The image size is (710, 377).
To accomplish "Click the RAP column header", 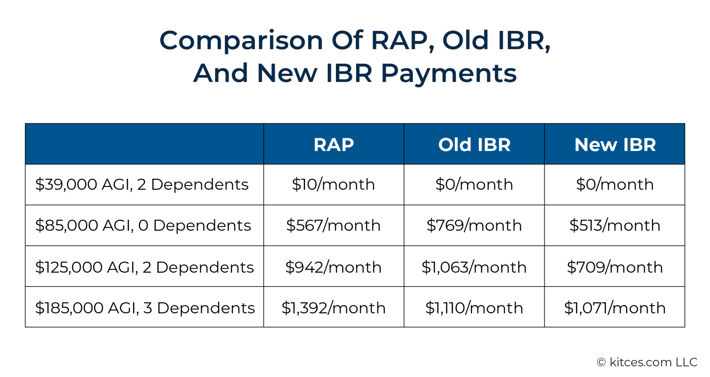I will (x=334, y=144).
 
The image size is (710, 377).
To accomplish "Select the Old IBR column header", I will (x=474, y=144).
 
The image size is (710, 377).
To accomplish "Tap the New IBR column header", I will (x=615, y=144).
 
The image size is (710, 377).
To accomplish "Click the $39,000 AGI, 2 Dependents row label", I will (x=142, y=184).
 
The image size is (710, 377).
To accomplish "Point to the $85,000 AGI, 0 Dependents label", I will (x=143, y=225).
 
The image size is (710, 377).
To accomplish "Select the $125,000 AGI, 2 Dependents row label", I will (x=144, y=267).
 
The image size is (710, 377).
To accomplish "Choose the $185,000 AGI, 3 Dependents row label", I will (x=145, y=308).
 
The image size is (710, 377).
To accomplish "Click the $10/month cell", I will (x=334, y=184).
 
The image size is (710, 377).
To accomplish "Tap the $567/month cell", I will (x=334, y=225).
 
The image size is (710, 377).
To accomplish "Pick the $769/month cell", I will (x=474, y=225).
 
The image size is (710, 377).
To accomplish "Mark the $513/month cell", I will (x=615, y=225).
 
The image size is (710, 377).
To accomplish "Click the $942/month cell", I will (x=334, y=267).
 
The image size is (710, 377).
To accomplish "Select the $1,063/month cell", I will (x=474, y=267).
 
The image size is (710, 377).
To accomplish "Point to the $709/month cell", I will (x=615, y=267).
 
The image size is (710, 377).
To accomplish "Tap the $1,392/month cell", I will (x=334, y=308).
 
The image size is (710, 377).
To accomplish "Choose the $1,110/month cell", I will (x=474, y=308).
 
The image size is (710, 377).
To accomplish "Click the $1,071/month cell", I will (x=615, y=308).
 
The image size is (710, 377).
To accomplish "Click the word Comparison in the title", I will (x=241, y=41).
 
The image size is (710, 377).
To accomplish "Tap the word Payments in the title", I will (x=449, y=73).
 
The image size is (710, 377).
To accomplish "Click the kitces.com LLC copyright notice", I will (x=647, y=362).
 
